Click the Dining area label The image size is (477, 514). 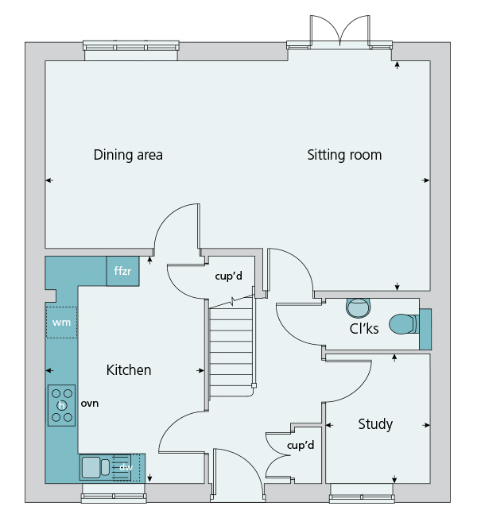(128, 155)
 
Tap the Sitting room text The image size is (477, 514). (344, 155)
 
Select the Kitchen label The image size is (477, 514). (129, 370)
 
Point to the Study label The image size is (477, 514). (375, 424)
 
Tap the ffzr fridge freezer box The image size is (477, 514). (122, 272)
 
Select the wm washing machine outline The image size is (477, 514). (61, 323)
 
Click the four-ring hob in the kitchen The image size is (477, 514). (61, 404)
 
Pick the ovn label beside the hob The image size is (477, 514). (89, 404)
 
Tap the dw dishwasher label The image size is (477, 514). (125, 467)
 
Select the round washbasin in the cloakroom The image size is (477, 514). (359, 306)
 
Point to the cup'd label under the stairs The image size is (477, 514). (229, 276)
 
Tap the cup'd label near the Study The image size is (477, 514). (301, 446)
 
